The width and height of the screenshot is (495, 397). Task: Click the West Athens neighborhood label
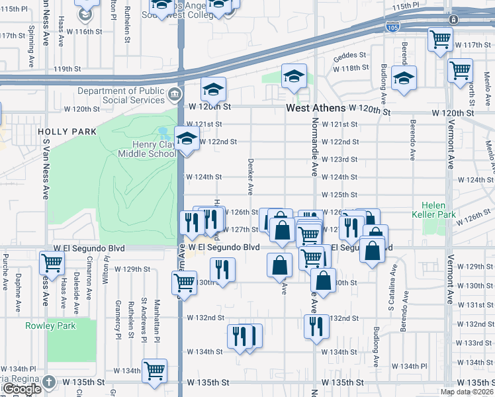(x=316, y=108)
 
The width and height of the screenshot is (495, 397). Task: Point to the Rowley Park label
(x=50, y=326)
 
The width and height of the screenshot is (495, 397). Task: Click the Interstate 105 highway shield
(x=392, y=26)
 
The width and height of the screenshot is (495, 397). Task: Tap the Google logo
(x=21, y=389)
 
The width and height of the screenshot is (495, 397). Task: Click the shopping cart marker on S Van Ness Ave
(x=52, y=263)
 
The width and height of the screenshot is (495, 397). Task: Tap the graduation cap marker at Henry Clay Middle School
(x=187, y=139)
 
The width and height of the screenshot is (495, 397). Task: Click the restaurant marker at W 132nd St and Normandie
(x=316, y=326)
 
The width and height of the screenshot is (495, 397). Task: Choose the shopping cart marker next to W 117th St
(x=440, y=39)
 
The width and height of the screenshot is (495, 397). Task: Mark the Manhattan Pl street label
(x=157, y=308)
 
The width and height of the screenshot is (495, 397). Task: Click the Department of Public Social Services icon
(x=174, y=93)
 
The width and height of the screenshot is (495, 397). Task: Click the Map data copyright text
(x=466, y=392)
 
